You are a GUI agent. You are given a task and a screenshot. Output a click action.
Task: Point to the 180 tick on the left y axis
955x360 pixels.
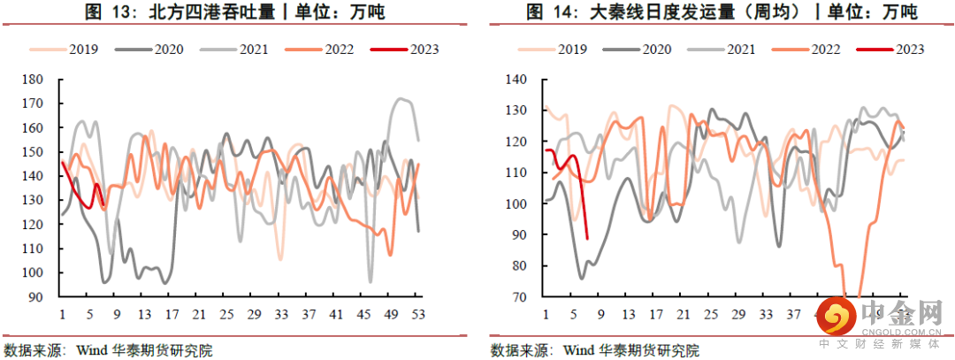tap(33, 80)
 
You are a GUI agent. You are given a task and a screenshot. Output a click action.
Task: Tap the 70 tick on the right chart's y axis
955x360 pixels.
tap(516, 297)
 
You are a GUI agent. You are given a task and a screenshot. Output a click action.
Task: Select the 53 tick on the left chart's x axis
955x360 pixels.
tap(418, 314)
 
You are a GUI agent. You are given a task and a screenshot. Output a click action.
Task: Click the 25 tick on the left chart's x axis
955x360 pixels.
tap(227, 314)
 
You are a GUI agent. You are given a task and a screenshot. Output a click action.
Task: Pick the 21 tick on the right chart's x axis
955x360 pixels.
tap(684, 314)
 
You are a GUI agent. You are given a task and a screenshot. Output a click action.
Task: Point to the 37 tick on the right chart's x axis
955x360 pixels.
tap(792, 314)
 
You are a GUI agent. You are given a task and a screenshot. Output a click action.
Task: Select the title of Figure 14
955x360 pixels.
tap(721, 12)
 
